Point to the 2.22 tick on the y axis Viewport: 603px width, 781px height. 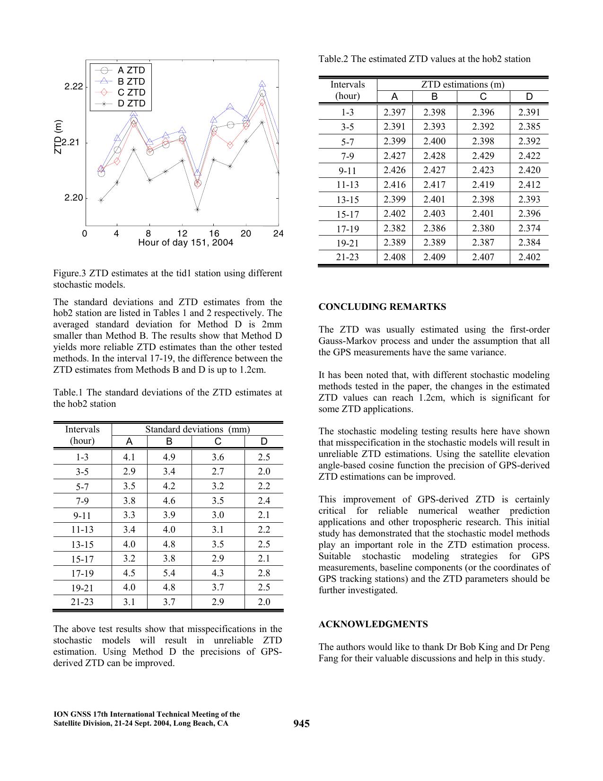pyautogui.click(x=74, y=87)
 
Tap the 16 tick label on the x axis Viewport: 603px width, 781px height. pyautogui.click(x=214, y=234)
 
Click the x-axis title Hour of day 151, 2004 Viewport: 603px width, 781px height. pyautogui.click(x=185, y=243)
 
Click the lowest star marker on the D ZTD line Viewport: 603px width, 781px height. pyautogui.click(x=197, y=210)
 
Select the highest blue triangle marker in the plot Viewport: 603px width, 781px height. pyautogui.click(x=262, y=84)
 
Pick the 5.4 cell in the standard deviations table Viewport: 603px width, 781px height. pyautogui.click(x=169, y=573)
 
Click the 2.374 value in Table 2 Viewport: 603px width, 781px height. pyautogui.click(x=529, y=228)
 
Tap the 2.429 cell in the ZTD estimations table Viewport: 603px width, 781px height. pyautogui.click(x=483, y=156)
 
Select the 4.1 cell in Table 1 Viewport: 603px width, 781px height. pyautogui.click(x=129, y=457)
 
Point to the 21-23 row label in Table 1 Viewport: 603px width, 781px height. pyautogui.click(x=82, y=602)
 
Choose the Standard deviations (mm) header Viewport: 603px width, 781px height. pyautogui.click(x=197, y=429)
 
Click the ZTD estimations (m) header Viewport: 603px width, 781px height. pyautogui.click(x=463, y=85)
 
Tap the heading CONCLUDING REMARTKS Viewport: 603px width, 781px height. pyautogui.click(x=382, y=307)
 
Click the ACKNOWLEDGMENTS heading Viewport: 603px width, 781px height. pyautogui.click(x=373, y=624)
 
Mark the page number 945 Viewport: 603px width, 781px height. pyautogui.click(x=301, y=724)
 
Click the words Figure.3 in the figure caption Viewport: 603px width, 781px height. pyautogui.click(x=69, y=273)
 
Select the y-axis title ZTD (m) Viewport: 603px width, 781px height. pyautogui.click(x=58, y=137)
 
